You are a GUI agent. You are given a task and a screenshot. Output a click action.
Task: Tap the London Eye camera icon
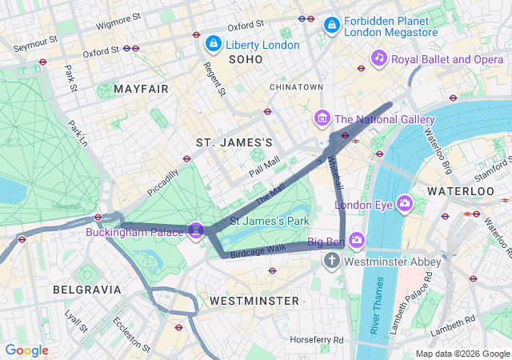(405, 204)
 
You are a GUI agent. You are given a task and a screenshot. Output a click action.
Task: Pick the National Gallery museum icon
(322, 119)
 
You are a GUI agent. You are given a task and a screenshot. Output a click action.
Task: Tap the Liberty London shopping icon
(214, 43)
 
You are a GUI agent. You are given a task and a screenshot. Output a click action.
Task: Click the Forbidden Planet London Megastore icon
(331, 26)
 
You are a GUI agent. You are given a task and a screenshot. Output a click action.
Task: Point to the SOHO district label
(246, 60)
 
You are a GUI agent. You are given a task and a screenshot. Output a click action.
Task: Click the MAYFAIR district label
(141, 88)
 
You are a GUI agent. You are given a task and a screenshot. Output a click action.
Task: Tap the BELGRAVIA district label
(86, 289)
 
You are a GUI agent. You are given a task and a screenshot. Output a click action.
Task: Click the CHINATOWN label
(296, 86)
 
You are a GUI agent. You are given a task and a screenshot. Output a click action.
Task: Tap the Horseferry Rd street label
(317, 340)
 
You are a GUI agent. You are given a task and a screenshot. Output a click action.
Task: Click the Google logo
(27, 350)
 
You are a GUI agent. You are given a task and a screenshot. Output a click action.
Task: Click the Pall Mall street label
(264, 166)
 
